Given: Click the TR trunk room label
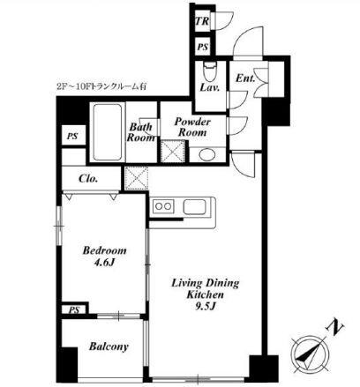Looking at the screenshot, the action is coord(202,21).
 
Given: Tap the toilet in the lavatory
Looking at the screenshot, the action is coord(210,71).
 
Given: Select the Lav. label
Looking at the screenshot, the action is coord(210,87).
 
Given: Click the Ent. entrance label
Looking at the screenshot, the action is coord(245,78).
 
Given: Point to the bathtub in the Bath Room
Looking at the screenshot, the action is coord(108,132).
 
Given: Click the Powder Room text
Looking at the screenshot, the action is coord(192,127).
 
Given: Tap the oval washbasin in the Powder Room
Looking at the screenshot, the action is coord(207,154).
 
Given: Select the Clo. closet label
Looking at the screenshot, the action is coord(88,178).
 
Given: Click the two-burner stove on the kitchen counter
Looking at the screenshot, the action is coord(163,206).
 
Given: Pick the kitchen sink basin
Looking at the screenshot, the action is coord(195,206).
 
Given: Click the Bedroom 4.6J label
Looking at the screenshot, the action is coord(104,257).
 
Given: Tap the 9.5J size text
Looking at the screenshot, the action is coord(206,306).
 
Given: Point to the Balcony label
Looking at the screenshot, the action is coord(109,346).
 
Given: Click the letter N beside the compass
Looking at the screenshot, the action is coord(334,328).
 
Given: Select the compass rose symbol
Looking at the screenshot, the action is coord(310,354).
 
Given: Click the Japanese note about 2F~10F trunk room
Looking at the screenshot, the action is coord(101,86).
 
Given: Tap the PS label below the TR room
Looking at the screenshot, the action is coord(202,47).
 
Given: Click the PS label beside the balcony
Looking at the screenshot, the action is coord(74,310).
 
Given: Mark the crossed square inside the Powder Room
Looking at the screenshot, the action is coord(173,151).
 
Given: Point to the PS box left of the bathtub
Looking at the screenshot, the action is coord(73,135).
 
